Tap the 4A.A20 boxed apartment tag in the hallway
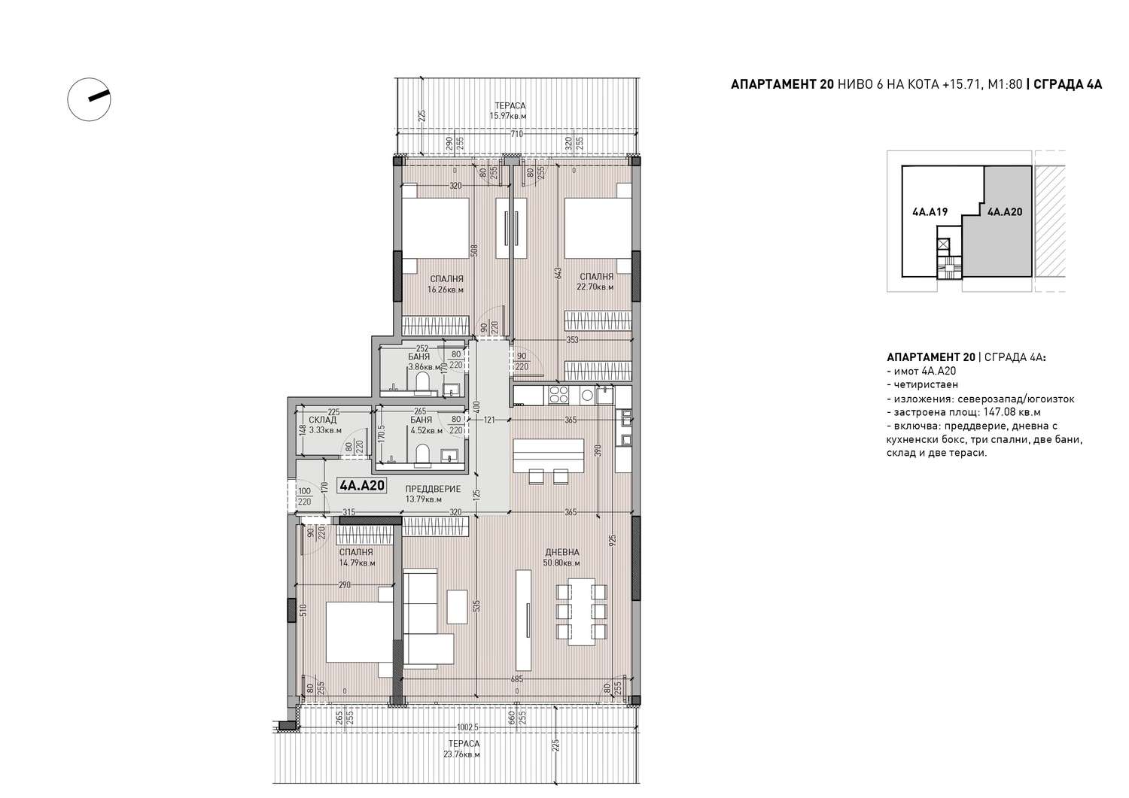[x=362, y=486]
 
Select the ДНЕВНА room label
[x=562, y=552]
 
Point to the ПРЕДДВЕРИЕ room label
[x=433, y=489]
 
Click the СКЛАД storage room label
[x=323, y=420]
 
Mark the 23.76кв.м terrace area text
[x=461, y=754]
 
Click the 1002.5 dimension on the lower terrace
[x=467, y=727]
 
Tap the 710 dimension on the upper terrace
[x=516, y=134]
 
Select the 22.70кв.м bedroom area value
[x=595, y=287]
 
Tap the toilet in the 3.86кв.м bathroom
[x=421, y=383]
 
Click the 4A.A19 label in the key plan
[x=930, y=212]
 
